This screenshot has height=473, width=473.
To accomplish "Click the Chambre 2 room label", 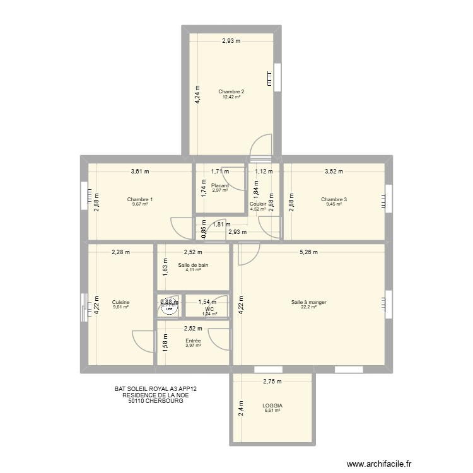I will point(231,92).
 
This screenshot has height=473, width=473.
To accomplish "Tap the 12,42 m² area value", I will point(231,97).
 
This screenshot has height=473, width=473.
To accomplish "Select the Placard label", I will point(220,185).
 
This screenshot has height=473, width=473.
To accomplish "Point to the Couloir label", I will point(257,204).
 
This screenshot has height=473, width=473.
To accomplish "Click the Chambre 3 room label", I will point(334,199).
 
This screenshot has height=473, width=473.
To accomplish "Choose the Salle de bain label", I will point(193,265).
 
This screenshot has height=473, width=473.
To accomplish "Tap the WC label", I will point(209,309).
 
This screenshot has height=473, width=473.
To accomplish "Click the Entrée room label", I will point(193,341).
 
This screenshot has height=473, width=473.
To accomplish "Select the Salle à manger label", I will point(308,303).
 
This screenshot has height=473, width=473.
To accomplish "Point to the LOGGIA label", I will point(273,406).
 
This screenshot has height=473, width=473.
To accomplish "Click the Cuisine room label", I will point(120,303).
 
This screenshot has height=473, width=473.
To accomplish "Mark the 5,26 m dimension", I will point(308,252).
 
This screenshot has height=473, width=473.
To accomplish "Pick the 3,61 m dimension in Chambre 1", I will point(140,171).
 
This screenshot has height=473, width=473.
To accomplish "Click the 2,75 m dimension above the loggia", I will point(272,382).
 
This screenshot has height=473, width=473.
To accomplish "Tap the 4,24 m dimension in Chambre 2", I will point(197,94).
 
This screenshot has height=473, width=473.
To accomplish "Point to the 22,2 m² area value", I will point(308,308).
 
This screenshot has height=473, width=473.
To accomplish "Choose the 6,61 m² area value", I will point(273,411).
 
